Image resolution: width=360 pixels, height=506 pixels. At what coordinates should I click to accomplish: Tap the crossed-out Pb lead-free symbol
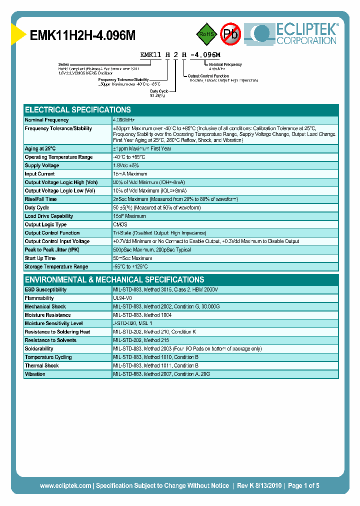click(231, 34)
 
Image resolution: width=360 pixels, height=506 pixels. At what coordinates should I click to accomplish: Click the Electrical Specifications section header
click(78, 110)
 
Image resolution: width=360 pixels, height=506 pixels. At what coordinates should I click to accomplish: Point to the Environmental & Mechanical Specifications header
click(114, 280)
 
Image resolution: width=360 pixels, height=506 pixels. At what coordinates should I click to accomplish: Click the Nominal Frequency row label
click(47, 120)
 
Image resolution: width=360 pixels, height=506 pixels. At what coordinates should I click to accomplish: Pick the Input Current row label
click(40, 174)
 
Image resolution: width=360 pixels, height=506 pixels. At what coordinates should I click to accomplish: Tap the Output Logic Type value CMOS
click(120, 225)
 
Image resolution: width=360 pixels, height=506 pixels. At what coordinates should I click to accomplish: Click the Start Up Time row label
click(40, 258)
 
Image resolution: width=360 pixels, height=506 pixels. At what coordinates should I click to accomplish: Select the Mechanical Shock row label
click(45, 307)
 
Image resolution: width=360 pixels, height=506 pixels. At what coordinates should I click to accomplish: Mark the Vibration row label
click(35, 374)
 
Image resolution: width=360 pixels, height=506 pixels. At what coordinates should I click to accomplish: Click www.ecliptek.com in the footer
click(65, 485)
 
